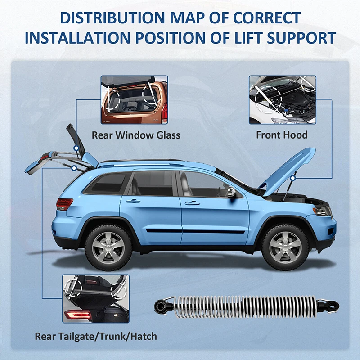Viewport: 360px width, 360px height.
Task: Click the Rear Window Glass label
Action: click(136, 135)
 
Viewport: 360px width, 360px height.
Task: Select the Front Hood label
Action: click(282, 135)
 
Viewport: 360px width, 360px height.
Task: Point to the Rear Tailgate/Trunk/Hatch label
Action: click(96, 336)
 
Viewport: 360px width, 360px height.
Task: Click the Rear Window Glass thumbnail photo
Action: click(134, 100)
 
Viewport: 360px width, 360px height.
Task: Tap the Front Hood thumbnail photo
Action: click(282, 100)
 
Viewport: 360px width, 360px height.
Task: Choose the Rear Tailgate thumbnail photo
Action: click(96, 298)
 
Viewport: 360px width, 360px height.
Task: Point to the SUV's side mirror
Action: click(232, 193)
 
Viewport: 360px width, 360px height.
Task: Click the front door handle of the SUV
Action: click(192, 203)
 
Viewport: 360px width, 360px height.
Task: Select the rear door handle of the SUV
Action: click(133, 201)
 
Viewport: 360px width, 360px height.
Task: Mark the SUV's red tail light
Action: click(64, 204)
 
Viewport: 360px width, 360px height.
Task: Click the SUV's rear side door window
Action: click(153, 184)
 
